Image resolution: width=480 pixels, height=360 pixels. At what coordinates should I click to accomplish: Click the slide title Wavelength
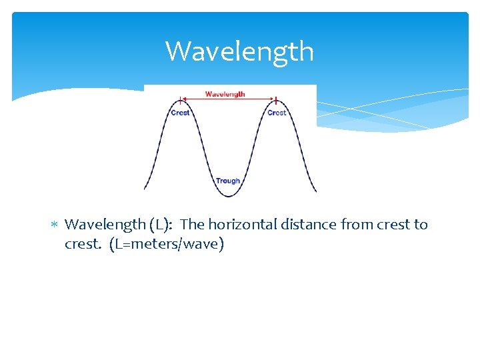pyautogui.click(x=239, y=51)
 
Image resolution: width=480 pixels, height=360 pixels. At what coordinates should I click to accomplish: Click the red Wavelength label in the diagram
pyautogui.click(x=225, y=94)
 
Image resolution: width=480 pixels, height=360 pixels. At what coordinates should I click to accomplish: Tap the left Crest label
pyautogui.click(x=181, y=113)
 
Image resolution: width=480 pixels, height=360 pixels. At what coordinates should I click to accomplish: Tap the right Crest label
pyautogui.click(x=277, y=113)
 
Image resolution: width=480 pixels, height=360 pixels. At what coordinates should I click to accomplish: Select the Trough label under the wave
pyautogui.click(x=228, y=181)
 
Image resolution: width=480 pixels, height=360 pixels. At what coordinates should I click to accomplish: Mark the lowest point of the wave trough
pyautogui.click(x=228, y=196)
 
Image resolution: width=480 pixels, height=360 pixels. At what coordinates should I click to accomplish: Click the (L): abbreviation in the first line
pyautogui.click(x=163, y=225)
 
